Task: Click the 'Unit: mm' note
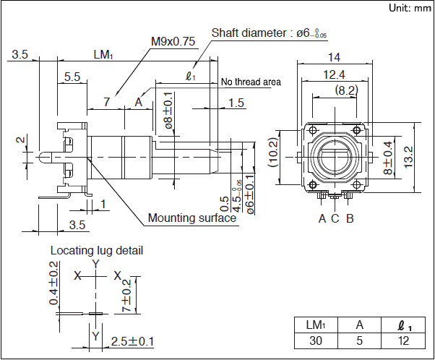click(x=409, y=8)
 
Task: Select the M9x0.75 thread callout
click(x=173, y=41)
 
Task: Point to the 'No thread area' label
click(x=251, y=82)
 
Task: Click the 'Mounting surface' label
click(x=191, y=218)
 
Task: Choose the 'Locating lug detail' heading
click(x=96, y=251)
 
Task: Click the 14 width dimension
click(x=333, y=57)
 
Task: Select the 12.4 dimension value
click(x=333, y=74)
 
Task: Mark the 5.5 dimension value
click(x=72, y=76)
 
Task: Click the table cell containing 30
click(x=315, y=340)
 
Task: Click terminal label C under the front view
click(x=335, y=218)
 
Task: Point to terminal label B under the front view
click(x=350, y=218)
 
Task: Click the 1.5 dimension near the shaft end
click(x=236, y=103)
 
